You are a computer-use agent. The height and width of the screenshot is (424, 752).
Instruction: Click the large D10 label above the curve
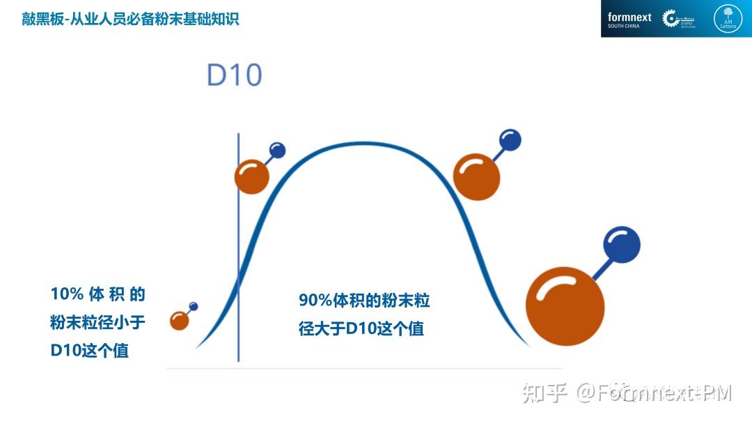tap(234, 75)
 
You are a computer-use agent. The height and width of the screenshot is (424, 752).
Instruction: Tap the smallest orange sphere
tap(180, 321)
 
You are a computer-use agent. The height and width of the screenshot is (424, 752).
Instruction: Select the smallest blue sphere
tap(194, 306)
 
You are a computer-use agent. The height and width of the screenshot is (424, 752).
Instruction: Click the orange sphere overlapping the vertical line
tap(251, 176)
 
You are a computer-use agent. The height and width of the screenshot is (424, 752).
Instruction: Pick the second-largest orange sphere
tap(476, 176)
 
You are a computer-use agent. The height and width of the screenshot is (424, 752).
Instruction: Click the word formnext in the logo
tap(629, 17)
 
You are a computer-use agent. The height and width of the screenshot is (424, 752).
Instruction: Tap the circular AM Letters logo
tap(728, 19)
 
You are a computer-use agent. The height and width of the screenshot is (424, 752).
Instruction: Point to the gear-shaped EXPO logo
tap(672, 19)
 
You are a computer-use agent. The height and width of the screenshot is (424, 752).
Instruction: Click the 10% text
tap(67, 294)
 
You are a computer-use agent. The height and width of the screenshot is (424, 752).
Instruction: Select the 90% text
tap(316, 301)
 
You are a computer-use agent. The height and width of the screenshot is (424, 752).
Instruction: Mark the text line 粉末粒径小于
tap(97, 322)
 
